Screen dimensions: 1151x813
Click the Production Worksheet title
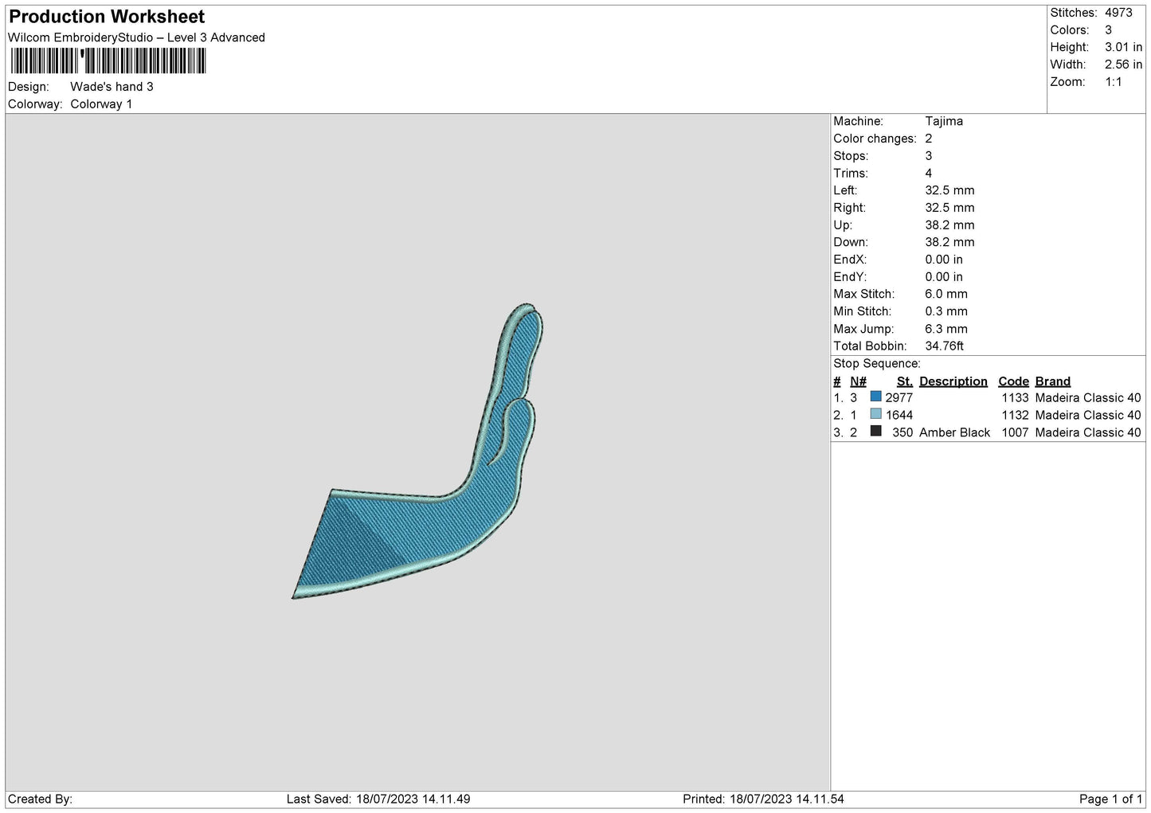tap(107, 17)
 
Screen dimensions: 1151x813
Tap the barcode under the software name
tap(108, 61)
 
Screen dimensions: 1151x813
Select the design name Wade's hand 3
tap(112, 86)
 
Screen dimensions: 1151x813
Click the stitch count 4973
tap(1118, 12)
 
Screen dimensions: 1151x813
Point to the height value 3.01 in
tap(1123, 47)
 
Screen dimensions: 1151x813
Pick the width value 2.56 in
tap(1123, 64)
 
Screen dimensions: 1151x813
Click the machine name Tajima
tap(944, 121)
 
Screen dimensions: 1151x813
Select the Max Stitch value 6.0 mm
tap(946, 294)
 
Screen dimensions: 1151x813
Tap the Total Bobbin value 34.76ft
tap(944, 346)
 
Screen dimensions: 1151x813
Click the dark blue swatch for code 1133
tap(875, 397)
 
